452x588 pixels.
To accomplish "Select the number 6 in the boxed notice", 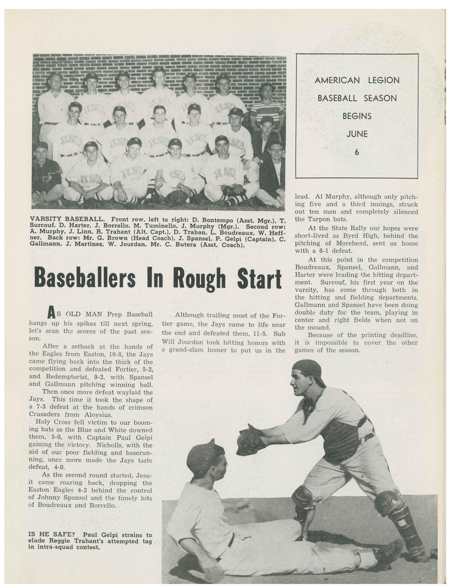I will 357,152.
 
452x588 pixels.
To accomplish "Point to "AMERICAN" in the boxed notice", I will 337,80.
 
